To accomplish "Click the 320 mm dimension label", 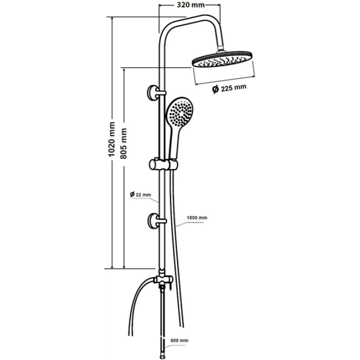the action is [191, 5].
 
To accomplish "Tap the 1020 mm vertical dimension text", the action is [112, 139].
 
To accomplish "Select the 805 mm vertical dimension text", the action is [123, 143].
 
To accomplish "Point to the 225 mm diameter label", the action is [233, 88].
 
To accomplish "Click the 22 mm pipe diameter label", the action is [143, 195].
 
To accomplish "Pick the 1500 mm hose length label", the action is [197, 218].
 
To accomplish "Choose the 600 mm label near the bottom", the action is [179, 340].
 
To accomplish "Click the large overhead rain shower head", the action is [223, 59].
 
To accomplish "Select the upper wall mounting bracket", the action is [154, 93].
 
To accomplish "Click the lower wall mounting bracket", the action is [155, 221].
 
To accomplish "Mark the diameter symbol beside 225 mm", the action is [215, 89].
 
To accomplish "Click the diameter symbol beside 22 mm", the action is [132, 194].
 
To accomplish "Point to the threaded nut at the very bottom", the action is [162, 357].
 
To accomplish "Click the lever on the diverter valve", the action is [171, 286].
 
